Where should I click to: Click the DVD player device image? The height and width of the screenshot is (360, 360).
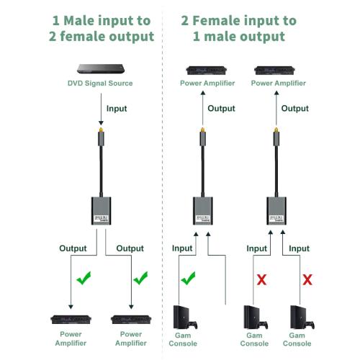coord(101,68)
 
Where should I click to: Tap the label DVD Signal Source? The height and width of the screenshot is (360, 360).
coord(100,84)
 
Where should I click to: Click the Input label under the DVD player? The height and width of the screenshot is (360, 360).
coord(117,109)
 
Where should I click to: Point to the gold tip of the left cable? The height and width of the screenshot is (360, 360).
coord(101,130)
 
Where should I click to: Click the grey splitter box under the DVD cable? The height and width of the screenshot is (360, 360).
coord(101,211)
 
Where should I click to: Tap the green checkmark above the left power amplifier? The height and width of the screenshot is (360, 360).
coord(84,278)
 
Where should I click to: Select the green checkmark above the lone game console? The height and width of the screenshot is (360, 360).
coord(188,278)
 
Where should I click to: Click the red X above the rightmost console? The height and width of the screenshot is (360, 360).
coord(307,279)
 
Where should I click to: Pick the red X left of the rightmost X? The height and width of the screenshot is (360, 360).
coord(261,279)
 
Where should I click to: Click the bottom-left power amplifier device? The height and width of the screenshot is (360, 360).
coord(71,320)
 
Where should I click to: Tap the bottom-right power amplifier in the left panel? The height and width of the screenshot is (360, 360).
coord(131,320)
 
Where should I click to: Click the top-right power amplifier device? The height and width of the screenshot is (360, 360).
coord(274,71)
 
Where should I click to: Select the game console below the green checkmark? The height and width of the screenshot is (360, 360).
coord(185,318)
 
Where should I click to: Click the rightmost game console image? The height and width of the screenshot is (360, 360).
coord(302,318)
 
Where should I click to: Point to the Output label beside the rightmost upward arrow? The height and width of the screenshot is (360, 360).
coord(295,109)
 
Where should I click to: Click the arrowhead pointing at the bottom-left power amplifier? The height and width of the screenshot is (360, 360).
coord(71,307)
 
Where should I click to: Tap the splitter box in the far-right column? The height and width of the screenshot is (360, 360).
coord(276,211)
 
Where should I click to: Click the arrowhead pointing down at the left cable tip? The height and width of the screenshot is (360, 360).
coord(101,123)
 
